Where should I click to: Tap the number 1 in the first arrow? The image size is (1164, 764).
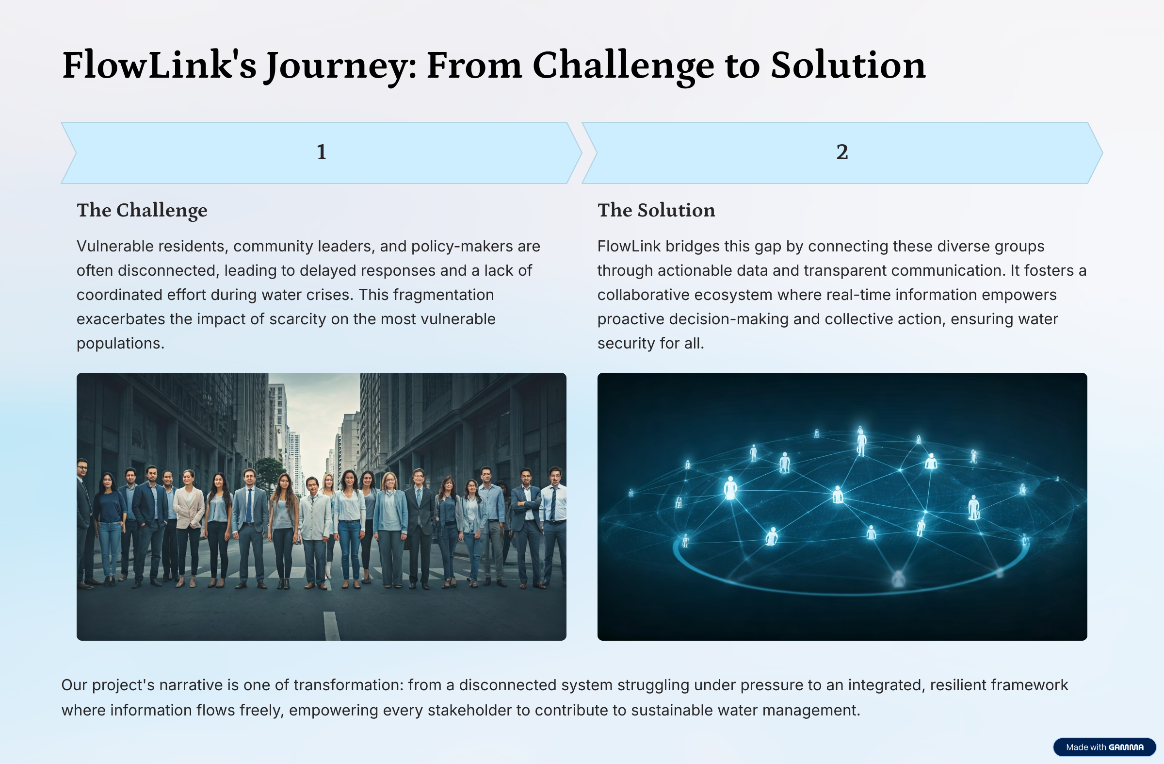[x=322, y=152]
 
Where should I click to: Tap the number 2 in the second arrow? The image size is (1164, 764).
[x=841, y=152]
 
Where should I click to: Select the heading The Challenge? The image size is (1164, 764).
[x=142, y=210]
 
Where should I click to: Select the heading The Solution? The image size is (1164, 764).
[x=656, y=210]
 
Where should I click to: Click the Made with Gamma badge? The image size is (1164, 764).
[x=1104, y=747]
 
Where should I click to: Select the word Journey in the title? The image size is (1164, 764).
[x=340, y=66]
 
